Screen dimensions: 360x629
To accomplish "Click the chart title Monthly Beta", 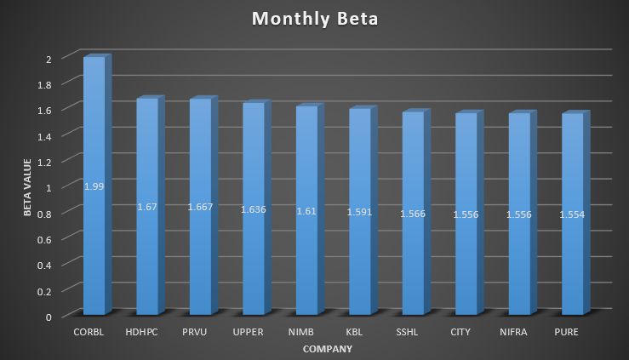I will (314, 19).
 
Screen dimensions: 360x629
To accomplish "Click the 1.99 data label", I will (94, 186).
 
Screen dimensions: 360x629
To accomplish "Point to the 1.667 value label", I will (200, 207).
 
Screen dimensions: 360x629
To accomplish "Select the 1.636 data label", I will (254, 209).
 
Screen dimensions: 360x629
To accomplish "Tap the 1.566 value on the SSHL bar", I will (413, 214).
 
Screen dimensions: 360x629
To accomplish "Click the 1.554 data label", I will (572, 214).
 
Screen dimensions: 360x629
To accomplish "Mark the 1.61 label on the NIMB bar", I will (306, 210).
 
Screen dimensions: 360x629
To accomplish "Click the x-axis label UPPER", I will (254, 332).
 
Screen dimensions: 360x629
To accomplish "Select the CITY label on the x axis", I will (466, 332).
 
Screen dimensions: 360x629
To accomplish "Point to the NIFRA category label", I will (518, 332).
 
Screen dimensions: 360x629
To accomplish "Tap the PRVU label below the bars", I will (200, 332).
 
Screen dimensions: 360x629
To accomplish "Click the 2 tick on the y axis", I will (49, 58).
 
